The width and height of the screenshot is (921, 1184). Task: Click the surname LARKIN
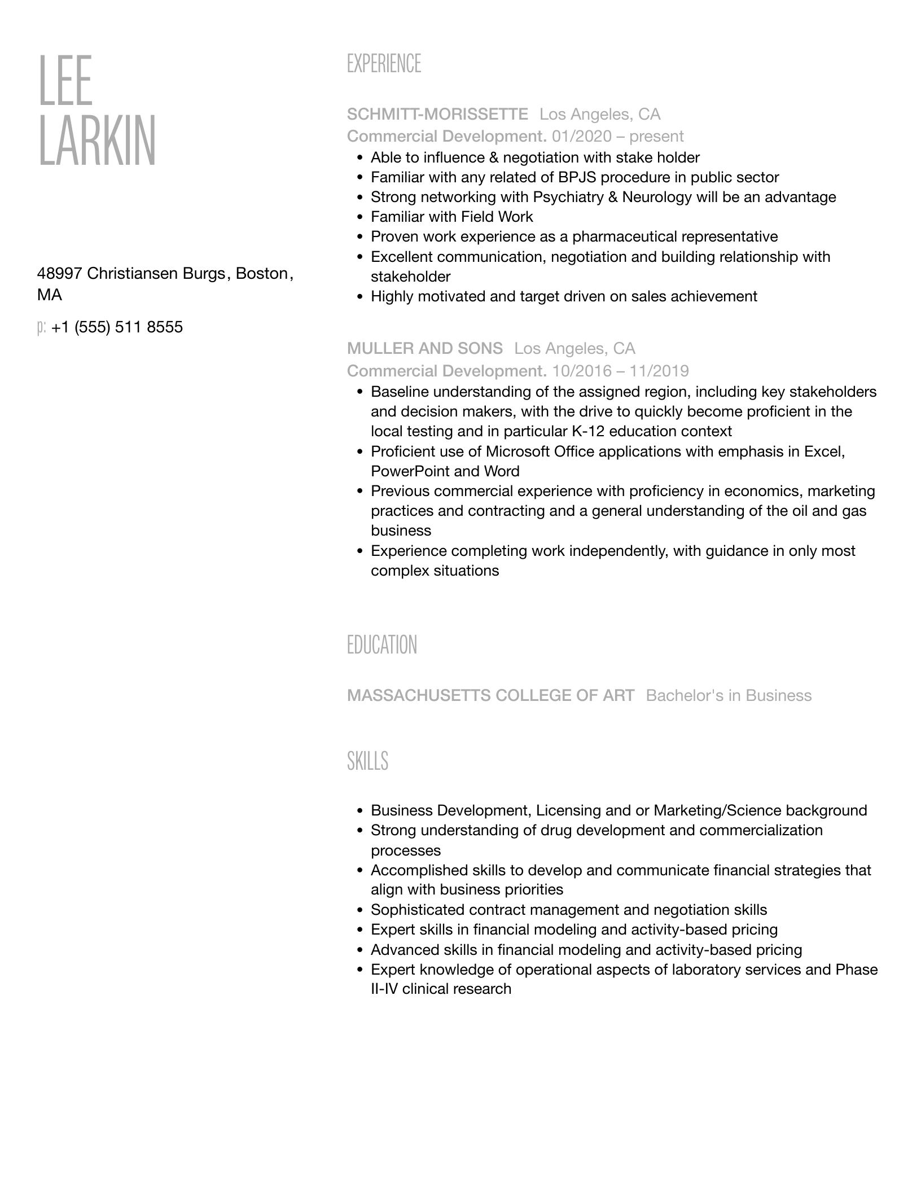coord(97,141)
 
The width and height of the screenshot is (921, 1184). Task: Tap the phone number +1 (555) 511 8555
coord(117,327)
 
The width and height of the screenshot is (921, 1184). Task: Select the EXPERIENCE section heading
coord(384,64)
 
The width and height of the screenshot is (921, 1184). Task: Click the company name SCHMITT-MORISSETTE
coord(437,115)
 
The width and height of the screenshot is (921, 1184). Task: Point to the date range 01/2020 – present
coord(617,137)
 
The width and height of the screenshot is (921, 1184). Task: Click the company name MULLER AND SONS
coord(425,348)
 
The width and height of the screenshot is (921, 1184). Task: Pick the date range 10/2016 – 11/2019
coord(620,371)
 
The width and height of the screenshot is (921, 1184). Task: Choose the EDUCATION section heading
coord(382,645)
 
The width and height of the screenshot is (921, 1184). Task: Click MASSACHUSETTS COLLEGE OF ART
coord(490,695)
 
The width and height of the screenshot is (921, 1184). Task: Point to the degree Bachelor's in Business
coord(729,695)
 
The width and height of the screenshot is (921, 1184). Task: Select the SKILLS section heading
coord(367,761)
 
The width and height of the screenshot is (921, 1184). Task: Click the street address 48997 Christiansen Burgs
coord(131,274)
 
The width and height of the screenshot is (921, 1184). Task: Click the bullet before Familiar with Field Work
coord(359,217)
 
